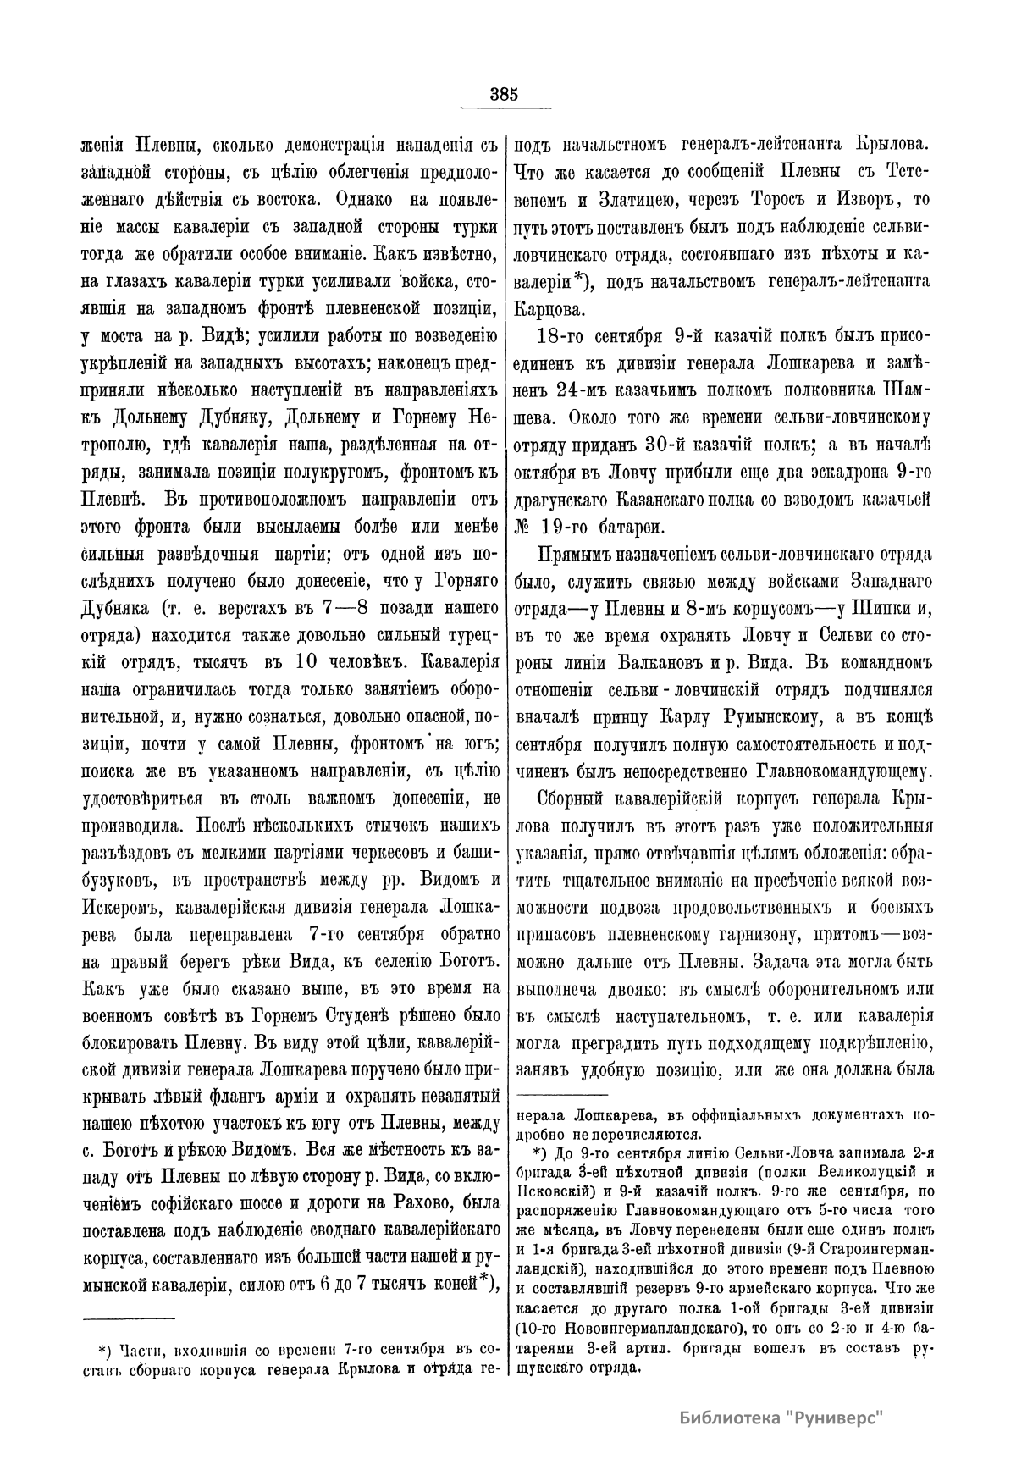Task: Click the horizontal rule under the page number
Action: click(505, 108)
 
